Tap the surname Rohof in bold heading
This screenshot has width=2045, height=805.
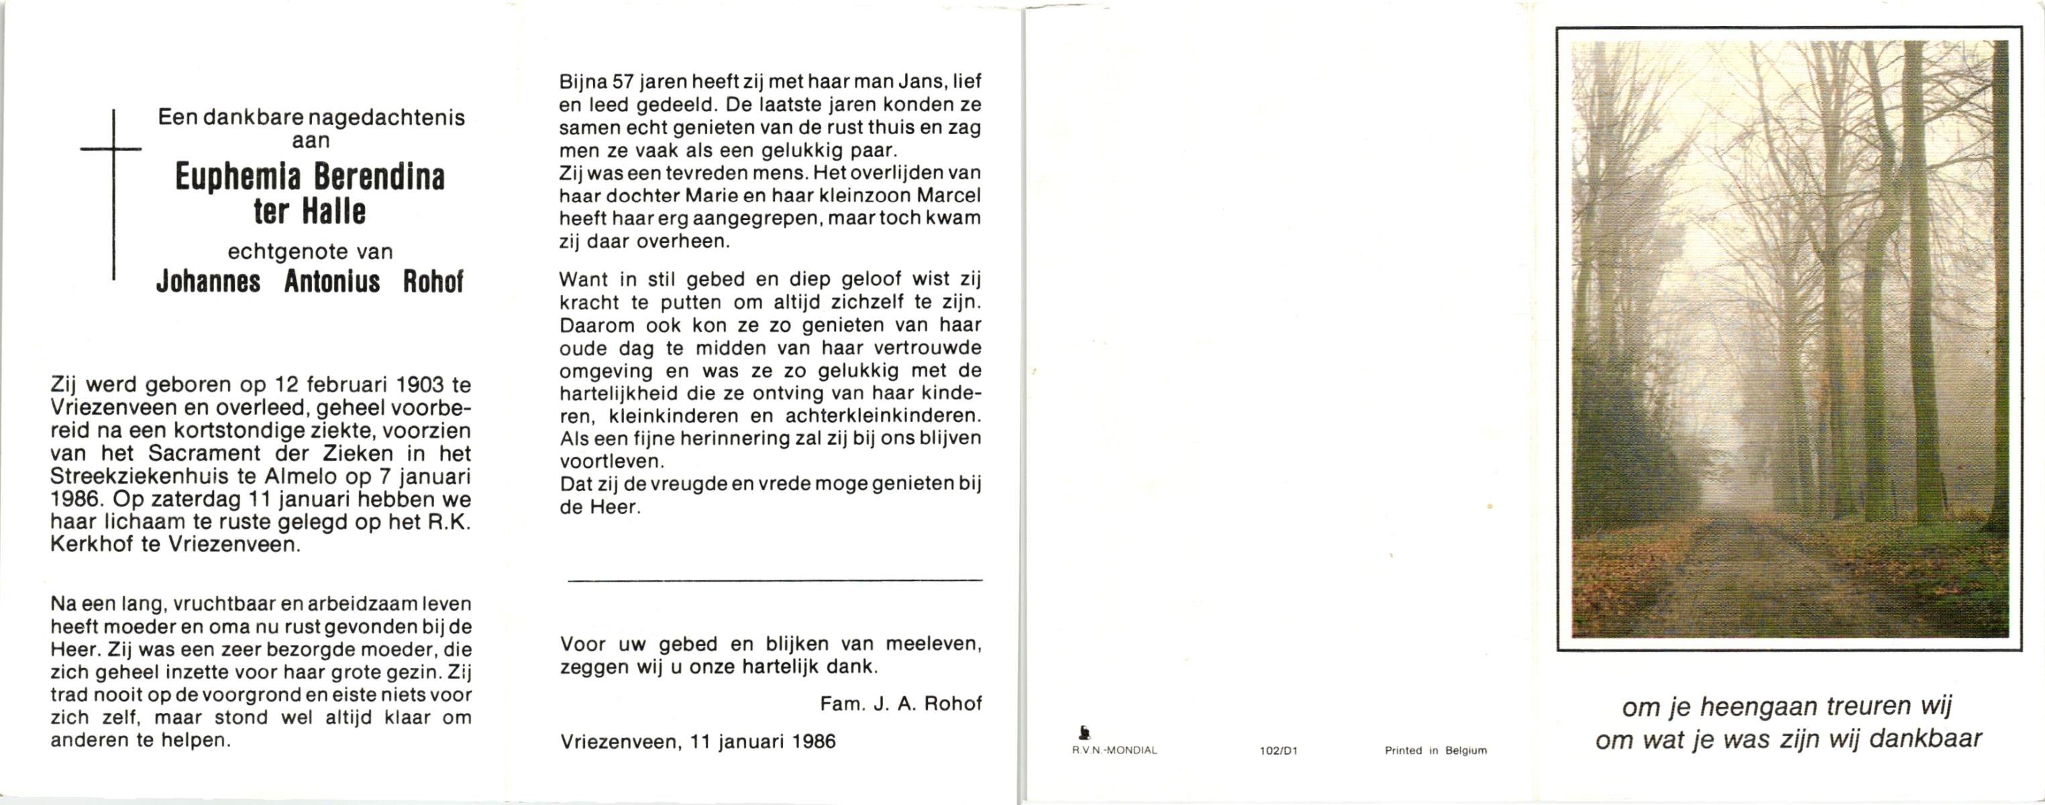click(x=433, y=282)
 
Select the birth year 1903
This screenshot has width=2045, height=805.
click(x=420, y=385)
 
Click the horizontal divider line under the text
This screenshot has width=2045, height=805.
click(x=775, y=580)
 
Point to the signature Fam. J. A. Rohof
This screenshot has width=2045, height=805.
click(x=900, y=704)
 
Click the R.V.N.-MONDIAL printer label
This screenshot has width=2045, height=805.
click(x=1114, y=750)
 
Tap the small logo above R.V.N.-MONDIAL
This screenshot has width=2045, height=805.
click(x=1085, y=733)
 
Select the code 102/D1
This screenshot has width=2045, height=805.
click(x=1278, y=750)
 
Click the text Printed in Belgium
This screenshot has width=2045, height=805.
click(x=1435, y=750)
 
